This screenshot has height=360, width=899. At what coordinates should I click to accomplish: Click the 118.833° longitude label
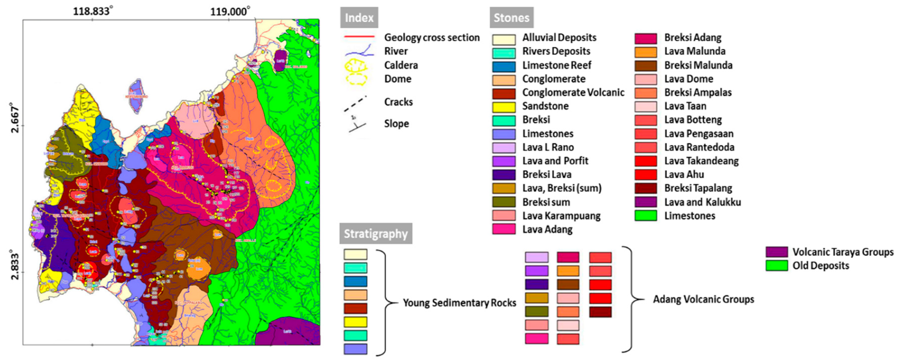(93, 11)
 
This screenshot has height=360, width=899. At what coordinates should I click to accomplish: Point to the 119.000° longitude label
(230, 11)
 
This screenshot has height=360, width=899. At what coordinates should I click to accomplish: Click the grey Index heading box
(359, 17)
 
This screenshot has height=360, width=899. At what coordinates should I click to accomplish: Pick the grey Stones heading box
(511, 17)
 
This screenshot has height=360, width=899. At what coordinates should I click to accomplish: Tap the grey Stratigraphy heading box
(375, 233)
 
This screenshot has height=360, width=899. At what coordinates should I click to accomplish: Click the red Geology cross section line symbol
(359, 37)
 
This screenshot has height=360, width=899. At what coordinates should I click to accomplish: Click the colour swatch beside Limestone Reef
(504, 66)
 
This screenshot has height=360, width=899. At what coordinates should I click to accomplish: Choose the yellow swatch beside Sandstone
(504, 107)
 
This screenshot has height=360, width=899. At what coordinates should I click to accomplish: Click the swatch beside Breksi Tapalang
(646, 188)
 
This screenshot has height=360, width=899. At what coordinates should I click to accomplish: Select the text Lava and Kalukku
(702, 202)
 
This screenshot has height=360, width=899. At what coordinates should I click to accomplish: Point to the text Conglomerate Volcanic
(573, 92)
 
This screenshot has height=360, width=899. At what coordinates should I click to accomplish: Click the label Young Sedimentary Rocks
(459, 302)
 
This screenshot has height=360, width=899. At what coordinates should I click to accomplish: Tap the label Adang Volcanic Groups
(703, 299)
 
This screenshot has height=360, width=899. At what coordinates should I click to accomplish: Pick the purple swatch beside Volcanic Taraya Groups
(776, 252)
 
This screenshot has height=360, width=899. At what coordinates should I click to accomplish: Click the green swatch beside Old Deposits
(776, 265)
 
